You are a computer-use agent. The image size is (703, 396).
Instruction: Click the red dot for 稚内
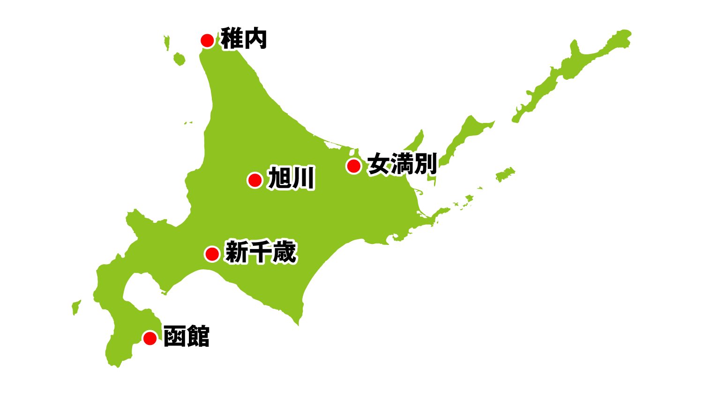(207, 40)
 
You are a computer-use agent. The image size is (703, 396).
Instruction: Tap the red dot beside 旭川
(255, 180)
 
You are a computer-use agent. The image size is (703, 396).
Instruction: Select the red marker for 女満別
(353, 166)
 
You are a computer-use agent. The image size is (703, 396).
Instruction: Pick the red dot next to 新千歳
(212, 254)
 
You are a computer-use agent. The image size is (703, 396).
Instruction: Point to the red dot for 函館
(150, 338)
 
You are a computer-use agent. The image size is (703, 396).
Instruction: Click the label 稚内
(244, 39)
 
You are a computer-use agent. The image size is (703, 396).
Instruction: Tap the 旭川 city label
(291, 179)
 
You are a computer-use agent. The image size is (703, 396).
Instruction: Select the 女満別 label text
(402, 164)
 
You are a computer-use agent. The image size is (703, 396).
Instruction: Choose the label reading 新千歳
(261, 252)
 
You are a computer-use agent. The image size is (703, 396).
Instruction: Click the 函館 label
(187, 336)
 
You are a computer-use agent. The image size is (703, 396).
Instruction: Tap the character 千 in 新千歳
(261, 252)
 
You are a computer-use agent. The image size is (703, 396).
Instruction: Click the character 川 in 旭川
(303, 179)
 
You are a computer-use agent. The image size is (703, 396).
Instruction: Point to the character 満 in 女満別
(402, 164)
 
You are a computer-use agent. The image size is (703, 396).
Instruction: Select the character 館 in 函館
(198, 336)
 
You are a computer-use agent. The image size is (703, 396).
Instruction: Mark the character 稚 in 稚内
(232, 39)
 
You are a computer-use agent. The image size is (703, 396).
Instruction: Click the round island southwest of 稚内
(179, 59)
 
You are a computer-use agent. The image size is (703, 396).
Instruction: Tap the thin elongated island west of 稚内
(166, 42)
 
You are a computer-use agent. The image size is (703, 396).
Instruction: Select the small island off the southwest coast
(76, 307)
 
